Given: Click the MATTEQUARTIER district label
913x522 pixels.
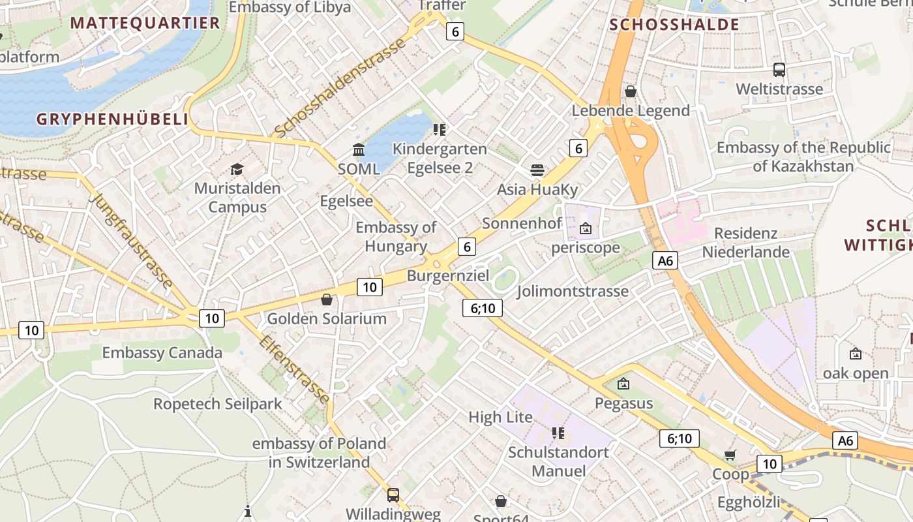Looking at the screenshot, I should pos(145,23).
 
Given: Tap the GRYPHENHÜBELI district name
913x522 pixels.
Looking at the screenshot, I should pos(112,119).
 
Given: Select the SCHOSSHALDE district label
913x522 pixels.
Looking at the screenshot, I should pos(674,25).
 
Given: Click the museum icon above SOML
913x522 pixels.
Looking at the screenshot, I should pos(358,150).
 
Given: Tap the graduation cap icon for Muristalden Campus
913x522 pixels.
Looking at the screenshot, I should pos(237,169).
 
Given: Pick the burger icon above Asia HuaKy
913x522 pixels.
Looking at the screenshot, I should pos(537,170).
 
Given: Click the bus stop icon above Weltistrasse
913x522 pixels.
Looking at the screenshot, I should pos(779,70).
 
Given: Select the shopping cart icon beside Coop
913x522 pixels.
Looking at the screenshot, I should pos(730,455).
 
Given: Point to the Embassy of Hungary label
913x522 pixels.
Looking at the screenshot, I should pos(396,237).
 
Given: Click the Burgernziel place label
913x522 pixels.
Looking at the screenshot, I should pos(447,275).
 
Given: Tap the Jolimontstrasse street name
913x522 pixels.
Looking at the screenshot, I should pos(573,291).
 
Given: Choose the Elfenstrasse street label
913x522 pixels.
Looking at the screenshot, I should pos(295,369).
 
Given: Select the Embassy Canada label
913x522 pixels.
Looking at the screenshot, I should pos(162,353).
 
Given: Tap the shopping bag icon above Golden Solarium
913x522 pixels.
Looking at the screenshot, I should pos(327,299).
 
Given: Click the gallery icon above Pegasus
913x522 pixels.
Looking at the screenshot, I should pos(623,384).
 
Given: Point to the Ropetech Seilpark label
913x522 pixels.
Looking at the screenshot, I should pos(217,404).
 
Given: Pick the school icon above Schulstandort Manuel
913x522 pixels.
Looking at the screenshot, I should pos(558,433).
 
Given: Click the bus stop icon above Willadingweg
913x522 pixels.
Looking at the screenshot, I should pos(393,495).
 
